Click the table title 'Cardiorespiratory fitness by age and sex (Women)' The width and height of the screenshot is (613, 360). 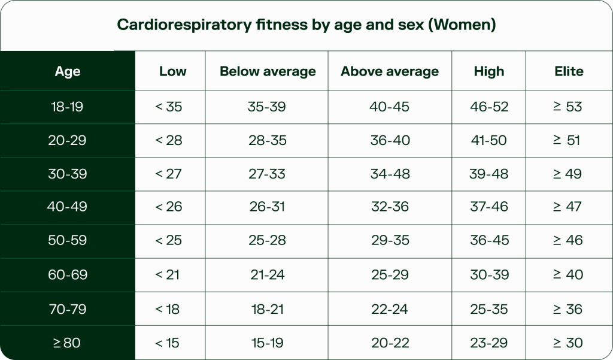click(x=306, y=25)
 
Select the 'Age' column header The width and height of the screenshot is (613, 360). click(x=68, y=71)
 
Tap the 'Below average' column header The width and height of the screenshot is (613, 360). click(x=267, y=71)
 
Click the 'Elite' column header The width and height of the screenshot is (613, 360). click(x=569, y=71)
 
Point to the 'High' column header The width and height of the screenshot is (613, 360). click(x=488, y=71)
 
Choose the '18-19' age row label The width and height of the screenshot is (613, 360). click(x=68, y=107)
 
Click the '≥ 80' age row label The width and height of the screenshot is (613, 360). click(x=68, y=343)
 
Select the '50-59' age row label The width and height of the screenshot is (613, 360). click(x=68, y=240)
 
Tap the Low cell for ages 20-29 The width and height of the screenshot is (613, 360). click(x=169, y=140)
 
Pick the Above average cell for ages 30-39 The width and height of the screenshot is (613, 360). click(x=389, y=174)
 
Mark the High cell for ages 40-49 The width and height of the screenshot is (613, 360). click(x=489, y=207)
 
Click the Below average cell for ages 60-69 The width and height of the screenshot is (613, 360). click(x=267, y=275)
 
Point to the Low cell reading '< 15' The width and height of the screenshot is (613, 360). click(x=169, y=343)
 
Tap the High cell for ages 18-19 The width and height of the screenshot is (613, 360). click(x=489, y=107)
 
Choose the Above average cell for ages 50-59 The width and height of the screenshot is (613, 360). click(x=389, y=240)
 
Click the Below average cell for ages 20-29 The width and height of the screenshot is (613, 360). click(x=267, y=140)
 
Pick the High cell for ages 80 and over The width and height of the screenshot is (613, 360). click(x=489, y=343)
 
